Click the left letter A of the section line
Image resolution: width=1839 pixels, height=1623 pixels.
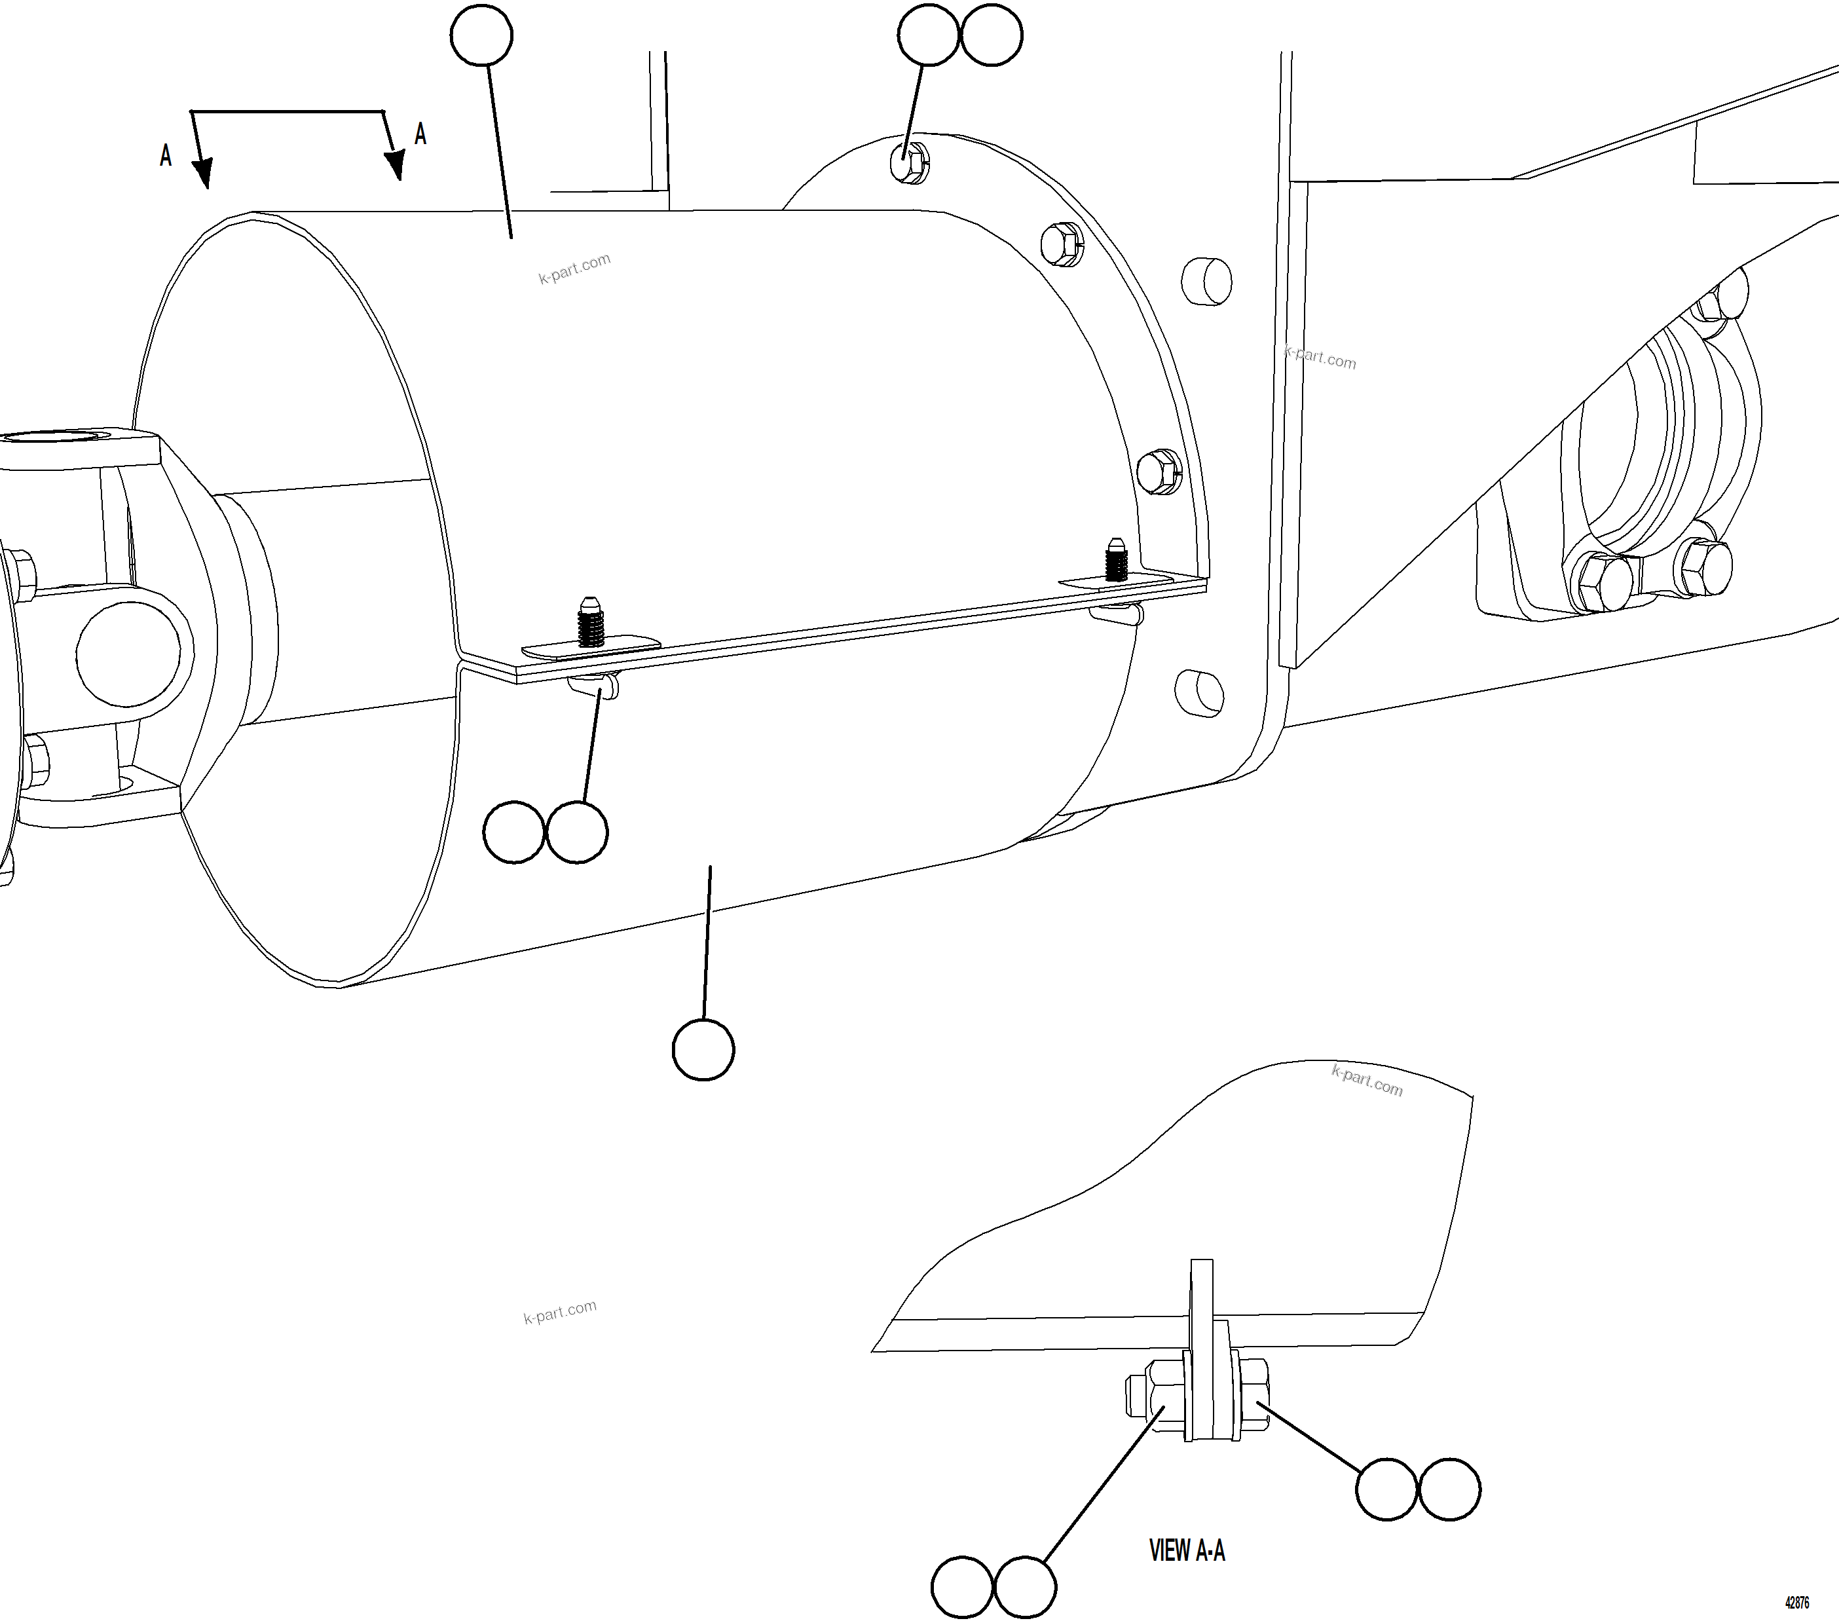click(x=166, y=156)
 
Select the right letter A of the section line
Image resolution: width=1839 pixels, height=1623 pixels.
click(x=420, y=135)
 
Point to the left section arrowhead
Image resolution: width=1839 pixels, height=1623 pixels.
click(x=203, y=173)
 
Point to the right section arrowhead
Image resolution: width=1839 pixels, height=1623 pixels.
click(x=395, y=164)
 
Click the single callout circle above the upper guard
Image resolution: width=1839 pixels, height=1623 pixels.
click(x=481, y=35)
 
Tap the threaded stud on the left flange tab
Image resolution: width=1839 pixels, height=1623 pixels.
click(x=589, y=622)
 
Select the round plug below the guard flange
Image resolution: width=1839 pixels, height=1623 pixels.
click(x=1199, y=693)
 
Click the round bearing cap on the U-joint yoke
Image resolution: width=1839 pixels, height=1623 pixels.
click(x=134, y=653)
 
